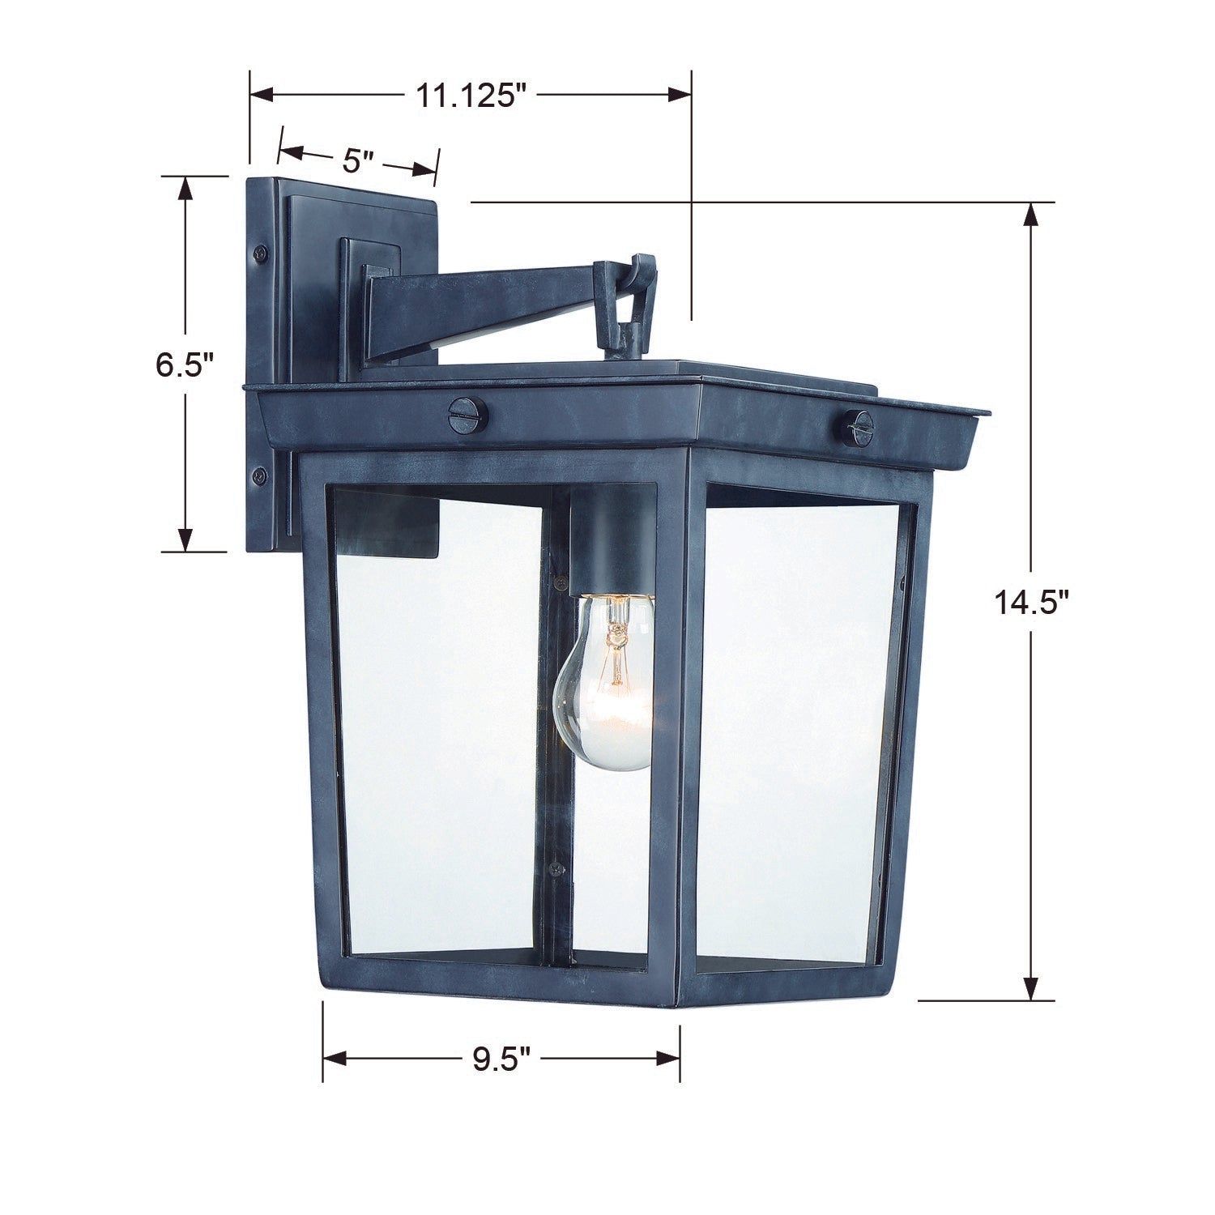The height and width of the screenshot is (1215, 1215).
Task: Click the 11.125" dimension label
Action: coord(471,96)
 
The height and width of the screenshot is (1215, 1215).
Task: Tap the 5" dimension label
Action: coord(356,160)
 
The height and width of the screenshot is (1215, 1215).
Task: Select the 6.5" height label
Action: coord(185,365)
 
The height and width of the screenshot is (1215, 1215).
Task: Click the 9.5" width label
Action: coord(501,1059)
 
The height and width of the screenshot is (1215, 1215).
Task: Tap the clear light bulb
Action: coord(605,680)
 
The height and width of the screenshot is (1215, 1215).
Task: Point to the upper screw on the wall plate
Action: coord(261,253)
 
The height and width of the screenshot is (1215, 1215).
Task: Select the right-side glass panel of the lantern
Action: coord(799,729)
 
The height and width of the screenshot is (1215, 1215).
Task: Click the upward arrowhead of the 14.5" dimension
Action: coord(1030,215)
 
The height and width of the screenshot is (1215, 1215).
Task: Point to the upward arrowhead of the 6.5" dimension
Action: coord(185,190)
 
